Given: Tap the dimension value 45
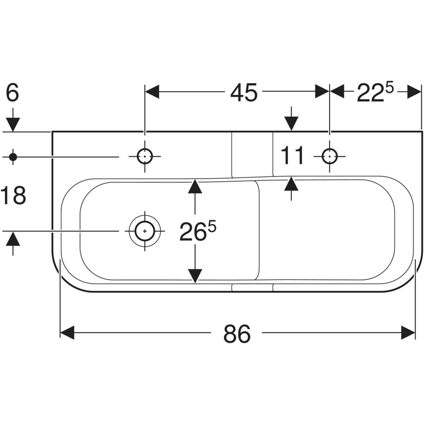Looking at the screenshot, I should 243,92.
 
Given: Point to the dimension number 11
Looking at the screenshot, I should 293,156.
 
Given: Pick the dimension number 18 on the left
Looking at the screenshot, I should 13,196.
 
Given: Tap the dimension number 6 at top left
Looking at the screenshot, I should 13,93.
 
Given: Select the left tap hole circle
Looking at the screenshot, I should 144,156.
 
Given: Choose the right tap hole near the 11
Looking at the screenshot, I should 330,156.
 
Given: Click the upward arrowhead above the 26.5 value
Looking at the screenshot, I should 196,186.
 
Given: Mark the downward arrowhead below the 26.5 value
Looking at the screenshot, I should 196,275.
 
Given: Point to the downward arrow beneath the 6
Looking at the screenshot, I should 13,124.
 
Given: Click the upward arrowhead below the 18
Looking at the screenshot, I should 13,239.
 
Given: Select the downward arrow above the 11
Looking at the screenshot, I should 291,123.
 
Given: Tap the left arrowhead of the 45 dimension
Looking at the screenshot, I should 152,92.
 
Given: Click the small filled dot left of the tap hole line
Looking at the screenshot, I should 13,156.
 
